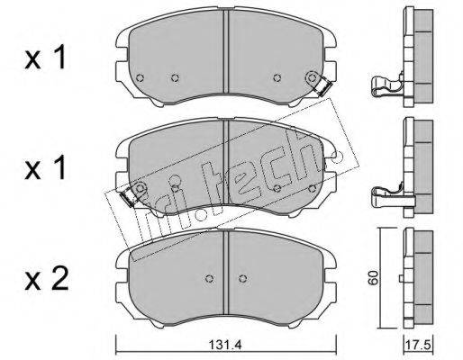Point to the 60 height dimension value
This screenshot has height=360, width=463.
tap(373, 277)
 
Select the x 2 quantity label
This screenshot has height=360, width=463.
tap(47, 279)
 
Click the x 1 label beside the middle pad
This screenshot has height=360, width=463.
tap(45, 168)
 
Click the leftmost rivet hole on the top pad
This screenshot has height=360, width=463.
tap(140, 78)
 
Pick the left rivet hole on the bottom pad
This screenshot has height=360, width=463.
tap(209, 278)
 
